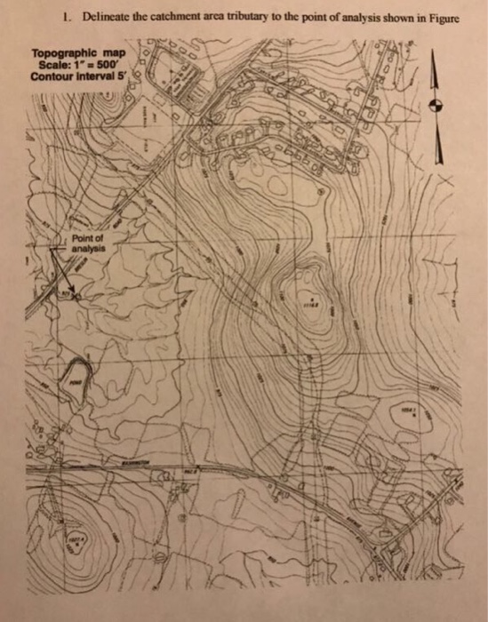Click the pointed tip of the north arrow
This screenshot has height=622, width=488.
coord(436,52)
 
